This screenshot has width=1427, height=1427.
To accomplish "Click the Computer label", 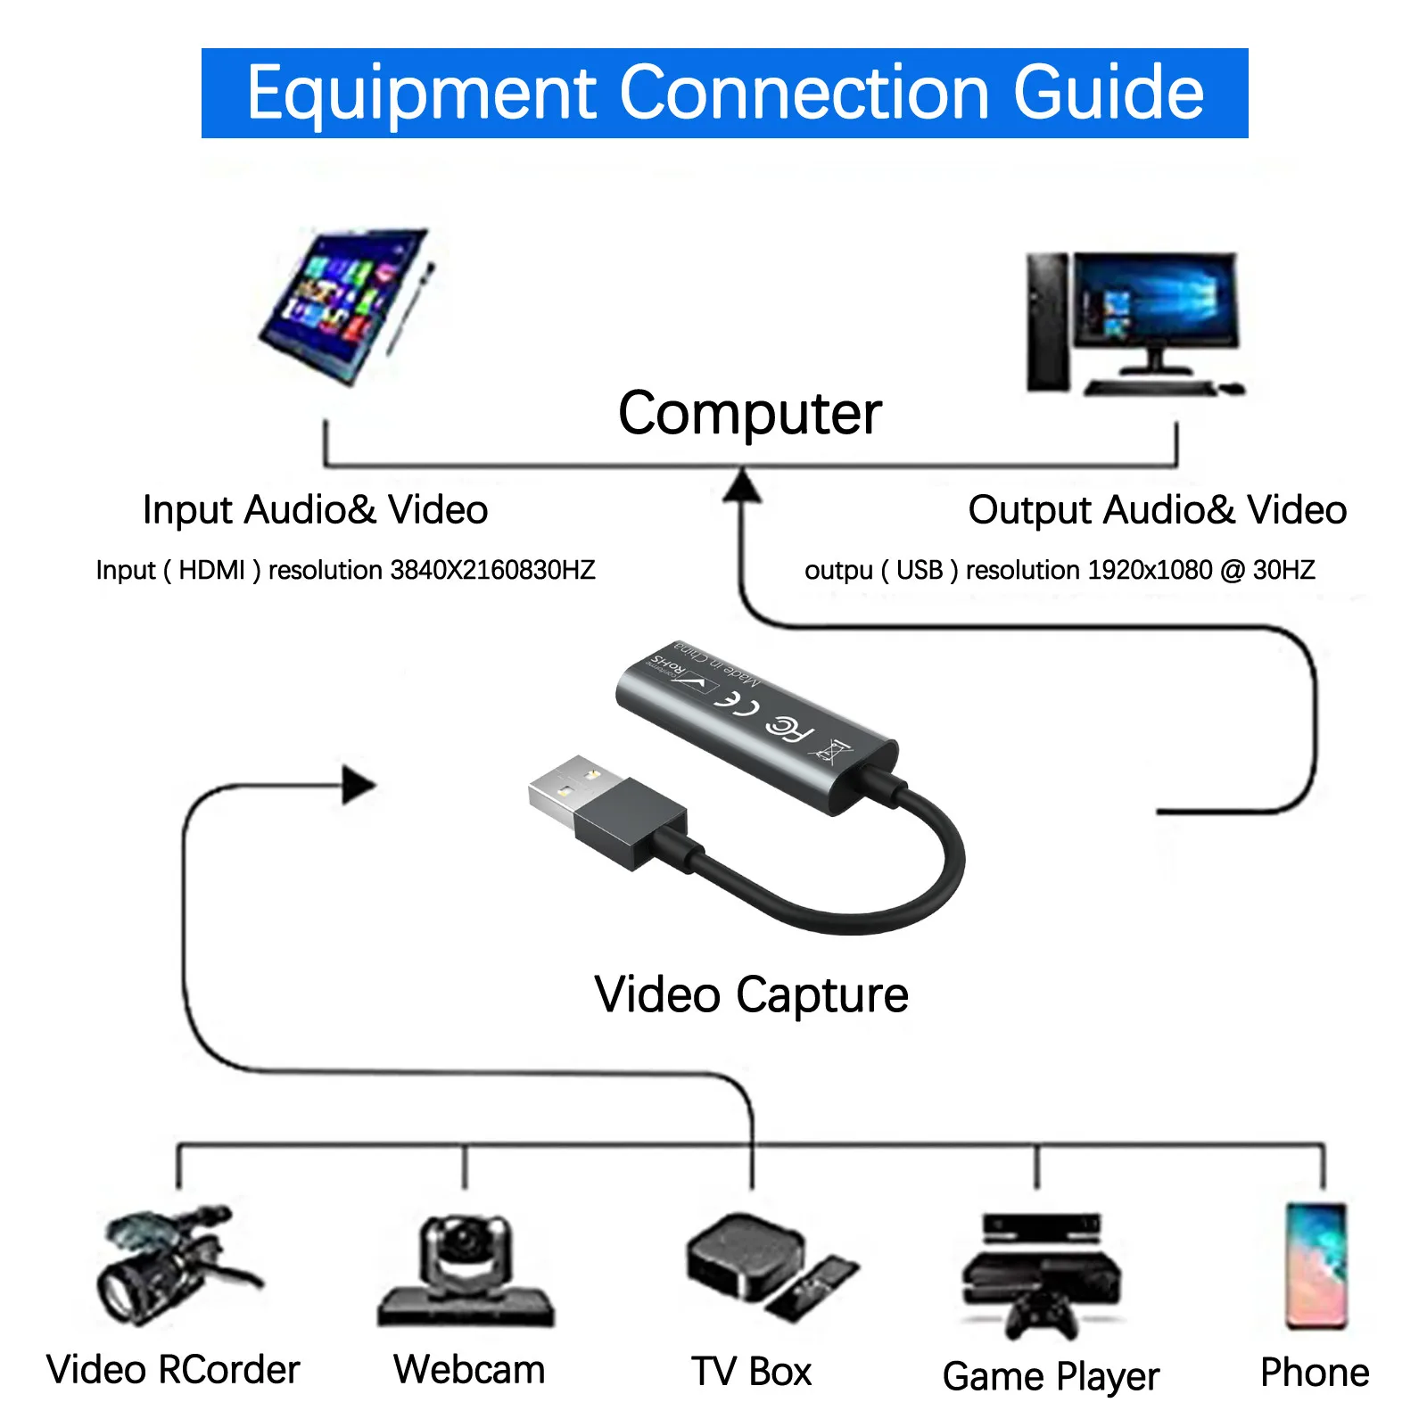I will coord(749,413).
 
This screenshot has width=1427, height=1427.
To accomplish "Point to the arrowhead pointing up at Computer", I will coord(742,487).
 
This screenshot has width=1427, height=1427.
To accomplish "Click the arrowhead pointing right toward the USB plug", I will coord(359,785).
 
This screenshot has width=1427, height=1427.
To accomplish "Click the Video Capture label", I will coord(751,994).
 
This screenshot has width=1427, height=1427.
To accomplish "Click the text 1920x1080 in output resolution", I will coord(1088,570).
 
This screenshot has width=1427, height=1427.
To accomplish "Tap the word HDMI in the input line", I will coord(211,570).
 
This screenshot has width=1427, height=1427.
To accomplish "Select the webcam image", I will coord(466,1271).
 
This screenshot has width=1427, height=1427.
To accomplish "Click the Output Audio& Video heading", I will coord(1157,510).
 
